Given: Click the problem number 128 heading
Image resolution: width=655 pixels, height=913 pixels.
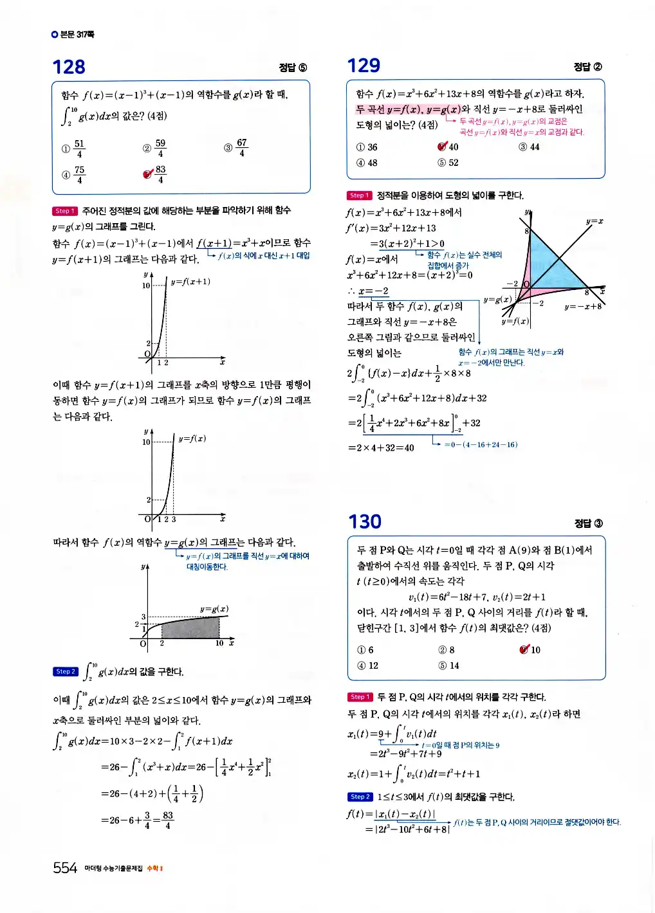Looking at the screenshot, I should pyautogui.click(x=68, y=67).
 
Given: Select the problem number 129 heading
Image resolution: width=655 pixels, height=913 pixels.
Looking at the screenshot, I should pyautogui.click(x=364, y=66).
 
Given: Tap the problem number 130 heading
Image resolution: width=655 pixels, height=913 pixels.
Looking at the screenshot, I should pyautogui.click(x=364, y=521).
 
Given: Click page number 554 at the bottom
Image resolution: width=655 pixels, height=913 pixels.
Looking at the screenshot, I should pyautogui.click(x=65, y=868).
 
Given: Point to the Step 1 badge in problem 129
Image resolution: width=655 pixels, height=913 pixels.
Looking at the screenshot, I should pyautogui.click(x=360, y=195).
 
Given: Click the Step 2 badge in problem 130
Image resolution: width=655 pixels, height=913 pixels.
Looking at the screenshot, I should pyautogui.click(x=360, y=797).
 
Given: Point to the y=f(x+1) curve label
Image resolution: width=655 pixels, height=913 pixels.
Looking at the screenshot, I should pyautogui.click(x=190, y=282).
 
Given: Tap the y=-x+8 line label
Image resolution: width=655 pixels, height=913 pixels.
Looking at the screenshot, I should pyautogui.click(x=582, y=307).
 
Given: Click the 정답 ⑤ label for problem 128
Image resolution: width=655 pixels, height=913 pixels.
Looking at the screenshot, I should pyautogui.click(x=293, y=68).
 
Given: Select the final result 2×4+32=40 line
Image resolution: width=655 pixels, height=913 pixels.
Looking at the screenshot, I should pyautogui.click(x=381, y=447).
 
